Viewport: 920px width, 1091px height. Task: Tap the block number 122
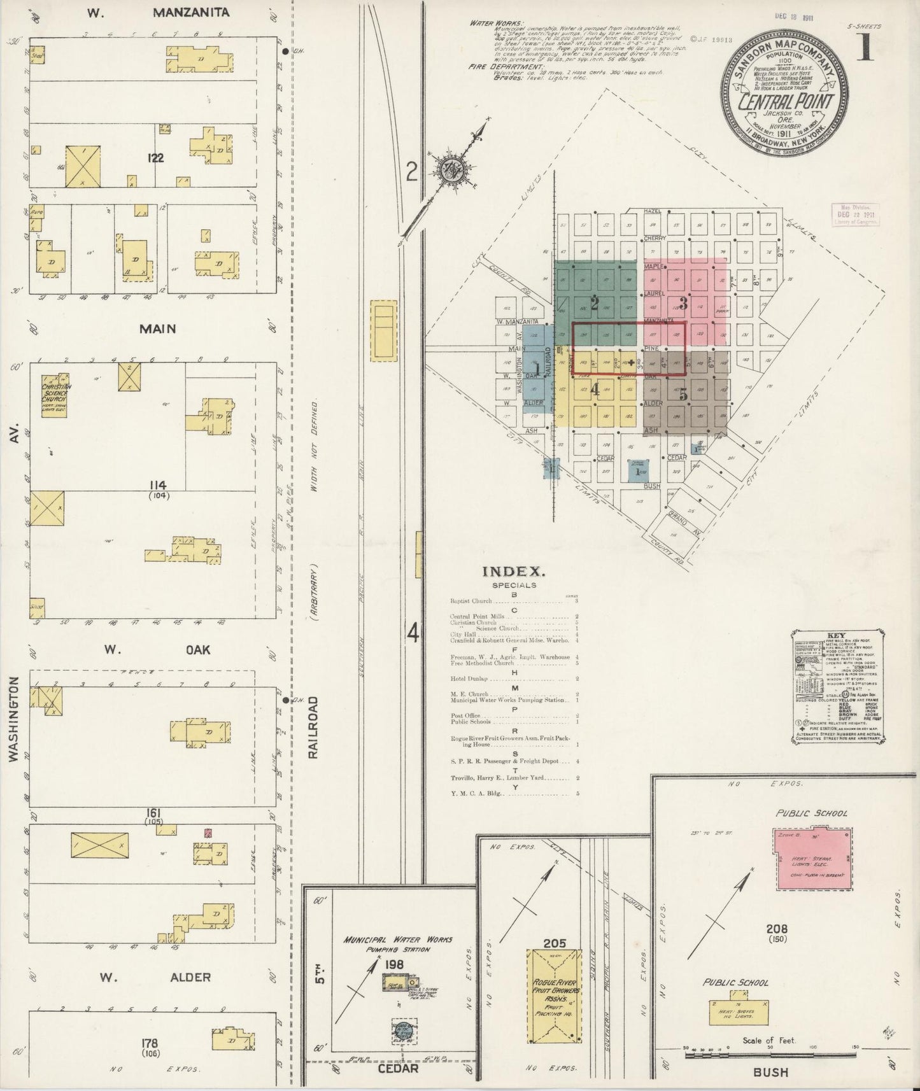point(155,158)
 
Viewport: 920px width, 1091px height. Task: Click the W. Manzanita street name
point(160,12)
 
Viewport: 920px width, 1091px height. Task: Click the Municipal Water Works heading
point(397,940)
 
